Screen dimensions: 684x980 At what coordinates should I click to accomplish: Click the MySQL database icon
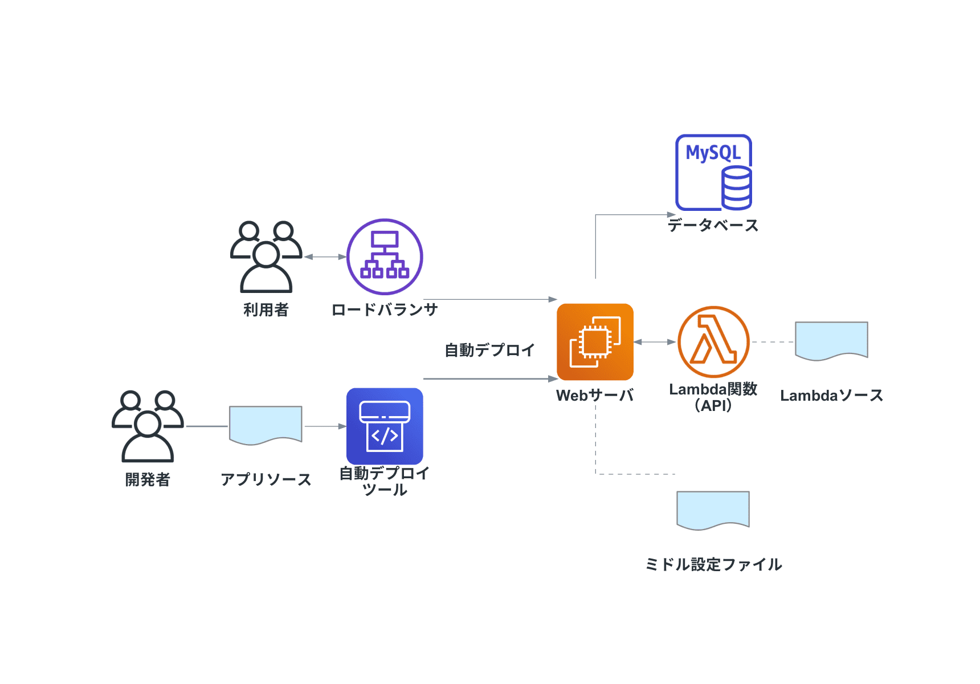[713, 172]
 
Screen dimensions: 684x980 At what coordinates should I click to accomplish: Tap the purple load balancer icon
[385, 256]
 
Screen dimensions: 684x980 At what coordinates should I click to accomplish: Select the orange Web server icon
[595, 342]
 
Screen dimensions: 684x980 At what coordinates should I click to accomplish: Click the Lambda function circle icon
[713, 342]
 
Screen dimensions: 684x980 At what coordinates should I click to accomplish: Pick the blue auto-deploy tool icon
[385, 426]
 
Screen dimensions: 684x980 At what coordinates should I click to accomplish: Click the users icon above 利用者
[266, 256]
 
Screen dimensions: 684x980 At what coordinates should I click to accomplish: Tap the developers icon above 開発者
[148, 426]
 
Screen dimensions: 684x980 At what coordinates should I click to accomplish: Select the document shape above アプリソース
[266, 425]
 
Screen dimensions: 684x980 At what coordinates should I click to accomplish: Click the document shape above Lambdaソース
[831, 340]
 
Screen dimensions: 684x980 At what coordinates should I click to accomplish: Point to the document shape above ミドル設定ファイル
[713, 510]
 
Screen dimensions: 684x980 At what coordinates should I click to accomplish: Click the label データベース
[713, 225]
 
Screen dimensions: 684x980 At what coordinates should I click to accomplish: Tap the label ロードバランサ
[385, 310]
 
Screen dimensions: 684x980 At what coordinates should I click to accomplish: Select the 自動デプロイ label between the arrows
[489, 350]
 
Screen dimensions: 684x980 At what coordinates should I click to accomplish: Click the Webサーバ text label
[595, 395]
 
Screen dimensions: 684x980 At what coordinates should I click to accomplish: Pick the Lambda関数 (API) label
[713, 397]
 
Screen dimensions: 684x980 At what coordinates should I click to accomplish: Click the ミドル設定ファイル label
[713, 564]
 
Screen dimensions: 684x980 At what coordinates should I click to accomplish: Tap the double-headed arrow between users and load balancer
[325, 257]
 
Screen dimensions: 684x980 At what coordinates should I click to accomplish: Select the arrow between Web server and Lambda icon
[655, 342]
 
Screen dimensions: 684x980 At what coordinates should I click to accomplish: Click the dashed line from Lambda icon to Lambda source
[773, 342]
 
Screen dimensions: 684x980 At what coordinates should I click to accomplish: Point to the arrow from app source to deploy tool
[325, 426]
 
